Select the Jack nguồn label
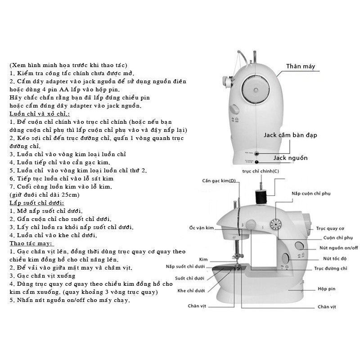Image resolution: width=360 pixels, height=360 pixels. click(290, 158)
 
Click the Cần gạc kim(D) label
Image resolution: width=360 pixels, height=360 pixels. click(219, 181)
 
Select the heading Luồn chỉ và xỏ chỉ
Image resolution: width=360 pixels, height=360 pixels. click(39, 114)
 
